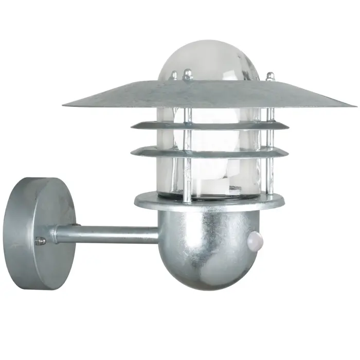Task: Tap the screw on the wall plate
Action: click(40, 241)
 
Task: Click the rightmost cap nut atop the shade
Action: click(270, 76)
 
